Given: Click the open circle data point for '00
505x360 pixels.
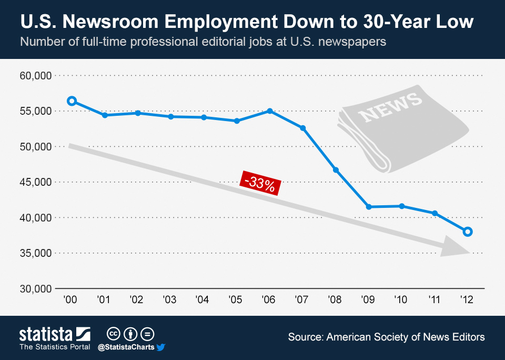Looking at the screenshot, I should tap(72, 101).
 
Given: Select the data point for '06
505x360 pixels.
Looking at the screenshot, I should tap(270, 111).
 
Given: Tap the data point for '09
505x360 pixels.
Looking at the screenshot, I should tap(369, 207).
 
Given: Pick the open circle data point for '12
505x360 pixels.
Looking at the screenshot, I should tap(468, 232).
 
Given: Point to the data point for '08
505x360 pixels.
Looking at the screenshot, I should tap(336, 170).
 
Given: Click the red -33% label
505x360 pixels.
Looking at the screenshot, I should tap(260, 184).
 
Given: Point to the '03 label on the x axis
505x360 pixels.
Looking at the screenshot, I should tap(169, 300).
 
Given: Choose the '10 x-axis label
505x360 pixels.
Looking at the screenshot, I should tap(401, 300).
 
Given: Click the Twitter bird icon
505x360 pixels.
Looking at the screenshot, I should tap(161, 347).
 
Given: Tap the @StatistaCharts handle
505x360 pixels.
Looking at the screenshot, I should tap(126, 347).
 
